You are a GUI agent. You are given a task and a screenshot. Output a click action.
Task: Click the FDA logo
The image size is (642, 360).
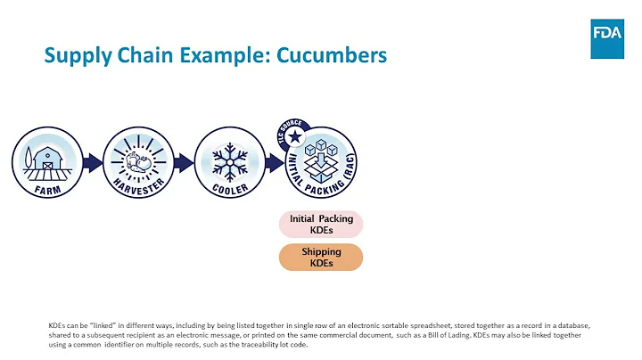click(x=606, y=37)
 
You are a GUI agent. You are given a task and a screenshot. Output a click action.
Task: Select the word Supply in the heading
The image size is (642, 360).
click(x=77, y=56)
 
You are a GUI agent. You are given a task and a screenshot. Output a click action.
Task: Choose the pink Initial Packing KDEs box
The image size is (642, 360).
click(x=322, y=225)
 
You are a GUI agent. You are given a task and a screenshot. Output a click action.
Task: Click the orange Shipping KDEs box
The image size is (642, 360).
click(x=322, y=258)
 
